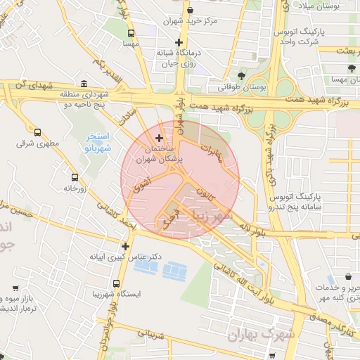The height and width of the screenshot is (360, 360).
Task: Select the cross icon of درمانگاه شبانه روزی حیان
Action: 179,43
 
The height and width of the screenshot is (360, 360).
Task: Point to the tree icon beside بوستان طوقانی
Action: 241,75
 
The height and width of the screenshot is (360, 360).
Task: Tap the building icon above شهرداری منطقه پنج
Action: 84,82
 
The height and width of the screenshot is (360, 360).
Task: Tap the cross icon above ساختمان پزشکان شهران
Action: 159,137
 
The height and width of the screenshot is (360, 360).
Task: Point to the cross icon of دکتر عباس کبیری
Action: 125,246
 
